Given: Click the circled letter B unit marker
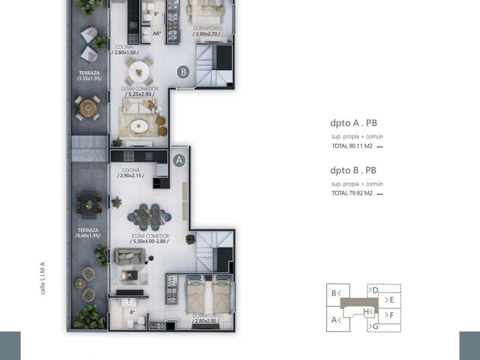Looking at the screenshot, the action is (183, 72).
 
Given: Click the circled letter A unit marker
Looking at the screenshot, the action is (179, 160).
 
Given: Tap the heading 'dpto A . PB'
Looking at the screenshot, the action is (354, 123).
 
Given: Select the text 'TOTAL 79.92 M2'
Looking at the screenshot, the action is (352, 193).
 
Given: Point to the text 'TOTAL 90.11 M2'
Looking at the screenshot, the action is (352, 146).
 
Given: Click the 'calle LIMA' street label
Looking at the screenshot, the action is (42, 278).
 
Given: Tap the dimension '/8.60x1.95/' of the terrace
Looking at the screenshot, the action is (88, 235).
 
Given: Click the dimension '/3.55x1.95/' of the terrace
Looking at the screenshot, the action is (89, 78).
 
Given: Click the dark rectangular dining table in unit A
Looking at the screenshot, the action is (149, 217).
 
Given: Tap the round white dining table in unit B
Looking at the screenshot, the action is (139, 72).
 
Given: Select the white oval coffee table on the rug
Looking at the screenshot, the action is (139, 126).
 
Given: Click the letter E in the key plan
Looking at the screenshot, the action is (391, 300).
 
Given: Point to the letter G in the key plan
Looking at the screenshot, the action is (375, 327).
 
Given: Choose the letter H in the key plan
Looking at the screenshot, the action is (366, 311).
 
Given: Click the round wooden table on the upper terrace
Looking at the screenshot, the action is (87, 108).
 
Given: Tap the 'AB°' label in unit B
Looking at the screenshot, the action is (157, 33).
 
